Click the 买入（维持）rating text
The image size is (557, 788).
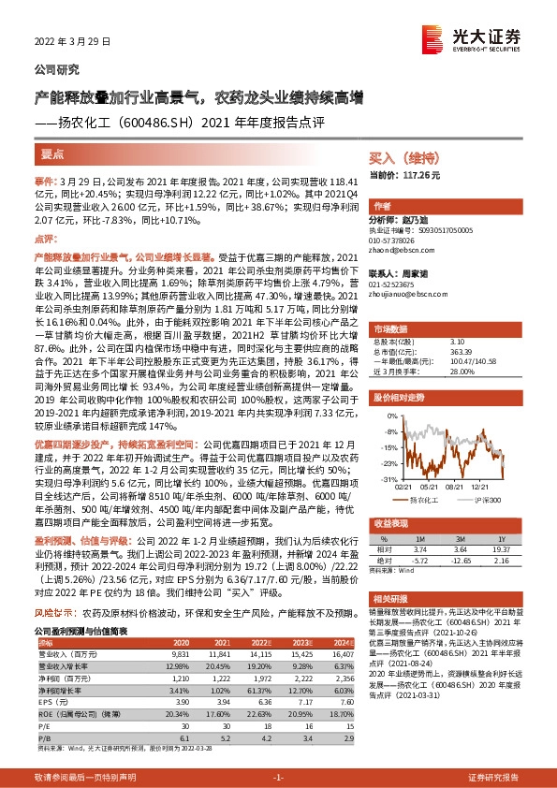[398, 159]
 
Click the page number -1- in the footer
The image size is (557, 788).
[278, 778]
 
